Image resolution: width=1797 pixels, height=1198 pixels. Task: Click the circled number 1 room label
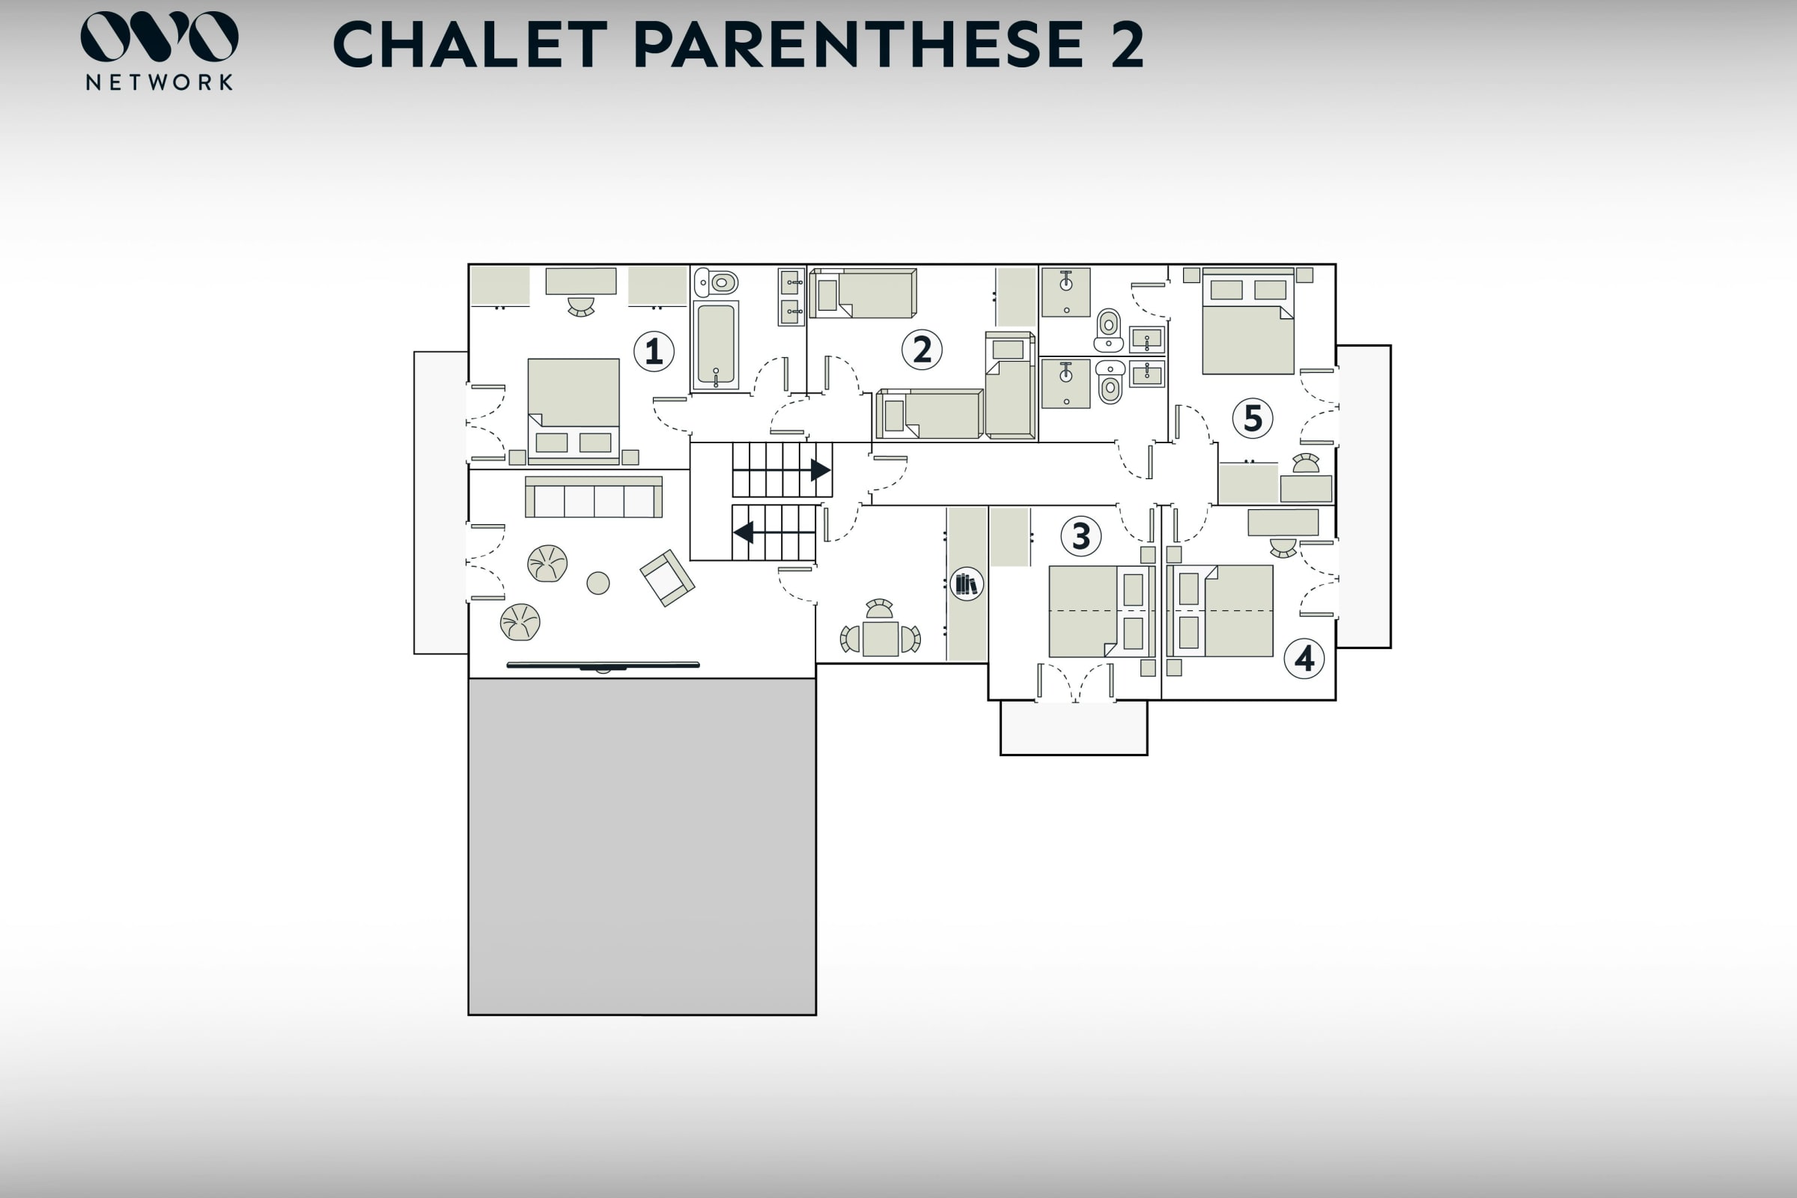click(x=654, y=351)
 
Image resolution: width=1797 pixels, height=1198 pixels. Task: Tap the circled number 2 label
click(x=922, y=350)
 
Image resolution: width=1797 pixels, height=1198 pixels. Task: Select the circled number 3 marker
click(x=1081, y=535)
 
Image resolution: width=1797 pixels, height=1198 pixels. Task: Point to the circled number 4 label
click(x=1304, y=659)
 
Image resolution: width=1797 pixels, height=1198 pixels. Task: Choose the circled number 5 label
click(x=1253, y=418)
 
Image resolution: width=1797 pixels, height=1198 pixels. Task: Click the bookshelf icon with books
click(x=967, y=584)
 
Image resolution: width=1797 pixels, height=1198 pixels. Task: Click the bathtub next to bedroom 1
click(x=716, y=344)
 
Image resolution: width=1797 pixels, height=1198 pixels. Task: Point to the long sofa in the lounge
click(x=594, y=497)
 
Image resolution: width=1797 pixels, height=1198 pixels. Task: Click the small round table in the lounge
click(x=598, y=583)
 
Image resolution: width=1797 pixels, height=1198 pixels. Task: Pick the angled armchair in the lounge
click(x=667, y=577)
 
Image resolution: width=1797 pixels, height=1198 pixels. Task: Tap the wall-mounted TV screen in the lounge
click(x=603, y=666)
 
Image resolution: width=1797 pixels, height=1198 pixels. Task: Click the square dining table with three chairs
click(x=881, y=639)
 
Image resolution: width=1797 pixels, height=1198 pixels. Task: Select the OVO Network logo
click(x=159, y=50)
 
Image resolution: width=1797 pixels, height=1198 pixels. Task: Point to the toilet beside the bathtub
click(x=716, y=283)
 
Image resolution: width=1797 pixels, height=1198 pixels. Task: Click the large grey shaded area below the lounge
click(x=642, y=847)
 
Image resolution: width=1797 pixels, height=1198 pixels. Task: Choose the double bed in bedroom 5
click(x=1247, y=321)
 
